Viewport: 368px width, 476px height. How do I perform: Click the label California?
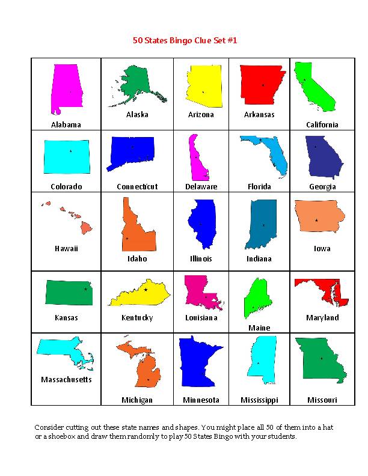click(322, 125)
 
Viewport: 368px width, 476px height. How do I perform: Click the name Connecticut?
click(137, 187)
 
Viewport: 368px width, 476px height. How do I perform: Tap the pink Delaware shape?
click(197, 158)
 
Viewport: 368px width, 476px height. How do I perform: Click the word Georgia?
click(322, 187)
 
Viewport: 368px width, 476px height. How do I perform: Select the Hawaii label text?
click(66, 249)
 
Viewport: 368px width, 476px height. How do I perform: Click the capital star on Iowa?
click(316, 221)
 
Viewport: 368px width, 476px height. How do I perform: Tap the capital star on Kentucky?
click(146, 290)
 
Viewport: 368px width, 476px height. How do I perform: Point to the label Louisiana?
click(201, 318)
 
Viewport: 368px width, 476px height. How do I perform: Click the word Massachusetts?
click(66, 380)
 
